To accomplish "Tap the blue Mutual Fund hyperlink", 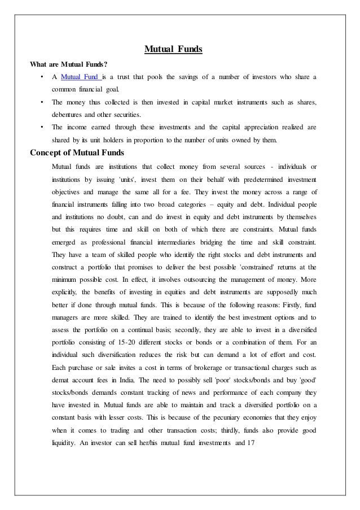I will point(80,76).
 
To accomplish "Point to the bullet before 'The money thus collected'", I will point(42,102).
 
